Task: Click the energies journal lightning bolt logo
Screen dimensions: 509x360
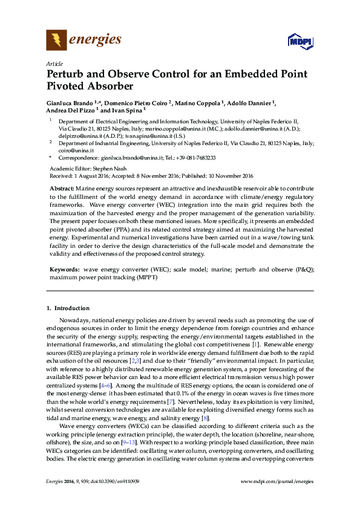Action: pyautogui.click(x=56, y=41)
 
